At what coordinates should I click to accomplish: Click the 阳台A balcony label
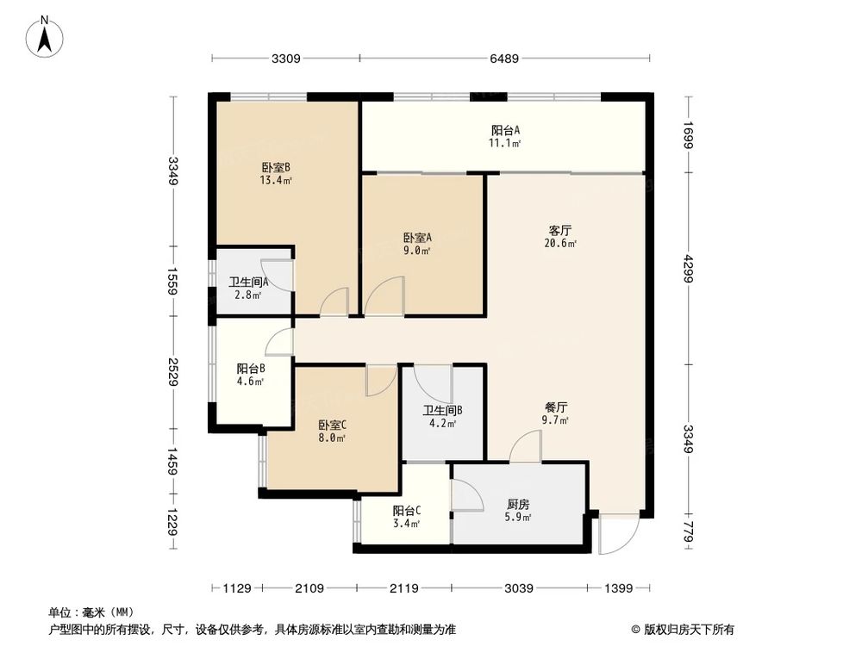pyautogui.click(x=505, y=130)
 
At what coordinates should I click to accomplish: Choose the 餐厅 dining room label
pyautogui.click(x=555, y=407)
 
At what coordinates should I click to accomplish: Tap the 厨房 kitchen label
pyautogui.click(x=518, y=505)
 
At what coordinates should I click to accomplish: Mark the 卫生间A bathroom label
pyautogui.click(x=248, y=282)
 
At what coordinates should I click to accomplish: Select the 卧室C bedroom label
pyautogui.click(x=332, y=425)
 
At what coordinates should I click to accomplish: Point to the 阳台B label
pyautogui.click(x=251, y=368)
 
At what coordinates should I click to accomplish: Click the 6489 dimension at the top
pyautogui.click(x=504, y=59)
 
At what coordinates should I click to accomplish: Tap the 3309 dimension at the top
pyautogui.click(x=285, y=59)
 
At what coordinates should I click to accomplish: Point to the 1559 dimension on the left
pyautogui.click(x=173, y=281)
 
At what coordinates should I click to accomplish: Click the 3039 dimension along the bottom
pyautogui.click(x=520, y=588)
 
